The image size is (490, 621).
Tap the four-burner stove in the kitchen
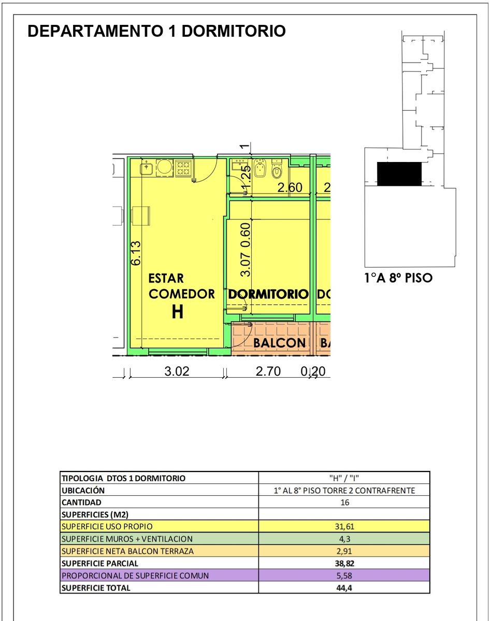pyautogui.click(x=183, y=168)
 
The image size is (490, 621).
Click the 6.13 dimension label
pyautogui.click(x=136, y=253)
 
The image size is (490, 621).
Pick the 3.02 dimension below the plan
pyautogui.click(x=177, y=371)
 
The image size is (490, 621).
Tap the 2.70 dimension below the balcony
pyautogui.click(x=268, y=371)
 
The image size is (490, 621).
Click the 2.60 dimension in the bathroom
pyautogui.click(x=290, y=187)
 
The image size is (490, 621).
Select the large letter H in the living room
pyautogui.click(x=177, y=312)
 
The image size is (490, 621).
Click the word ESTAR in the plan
pyautogui.click(x=166, y=278)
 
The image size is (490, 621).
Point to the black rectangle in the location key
pyautogui.click(x=399, y=174)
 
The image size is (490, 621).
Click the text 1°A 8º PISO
pyautogui.click(x=398, y=277)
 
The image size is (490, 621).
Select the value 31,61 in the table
pyautogui.click(x=344, y=526)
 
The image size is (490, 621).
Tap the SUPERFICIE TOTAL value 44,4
pyautogui.click(x=344, y=587)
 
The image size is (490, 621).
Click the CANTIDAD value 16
pyautogui.click(x=344, y=502)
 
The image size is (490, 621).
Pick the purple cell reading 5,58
pyautogui.click(x=344, y=575)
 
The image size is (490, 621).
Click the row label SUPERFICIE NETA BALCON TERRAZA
pyautogui.click(x=127, y=551)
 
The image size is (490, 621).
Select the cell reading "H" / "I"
pyautogui.click(x=344, y=478)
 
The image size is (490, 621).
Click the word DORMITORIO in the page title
pyautogui.click(x=234, y=31)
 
